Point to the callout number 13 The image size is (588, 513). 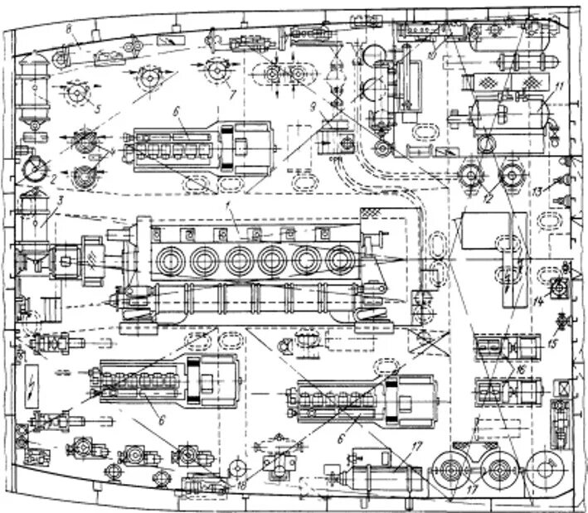point(537,192)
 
